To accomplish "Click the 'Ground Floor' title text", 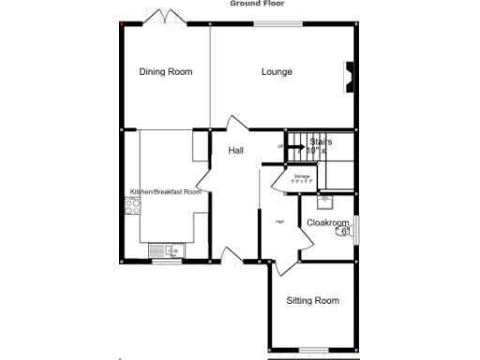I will pyautogui.click(x=260, y=3).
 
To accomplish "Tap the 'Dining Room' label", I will pyautogui.click(x=166, y=72).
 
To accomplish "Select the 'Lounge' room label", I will pyautogui.click(x=277, y=72).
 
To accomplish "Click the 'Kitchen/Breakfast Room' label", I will pyautogui.click(x=165, y=192).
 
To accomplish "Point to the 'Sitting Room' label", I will pyautogui.click(x=312, y=301).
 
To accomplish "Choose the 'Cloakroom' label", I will pyautogui.click(x=326, y=222).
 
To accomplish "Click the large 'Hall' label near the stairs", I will pyautogui.click(x=236, y=150).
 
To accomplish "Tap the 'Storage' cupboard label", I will pyautogui.click(x=302, y=176).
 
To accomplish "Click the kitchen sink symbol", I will pyautogui.click(x=166, y=249).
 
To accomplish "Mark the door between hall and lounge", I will pyautogui.click(x=230, y=125).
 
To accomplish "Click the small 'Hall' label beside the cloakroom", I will pyautogui.click(x=279, y=221).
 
